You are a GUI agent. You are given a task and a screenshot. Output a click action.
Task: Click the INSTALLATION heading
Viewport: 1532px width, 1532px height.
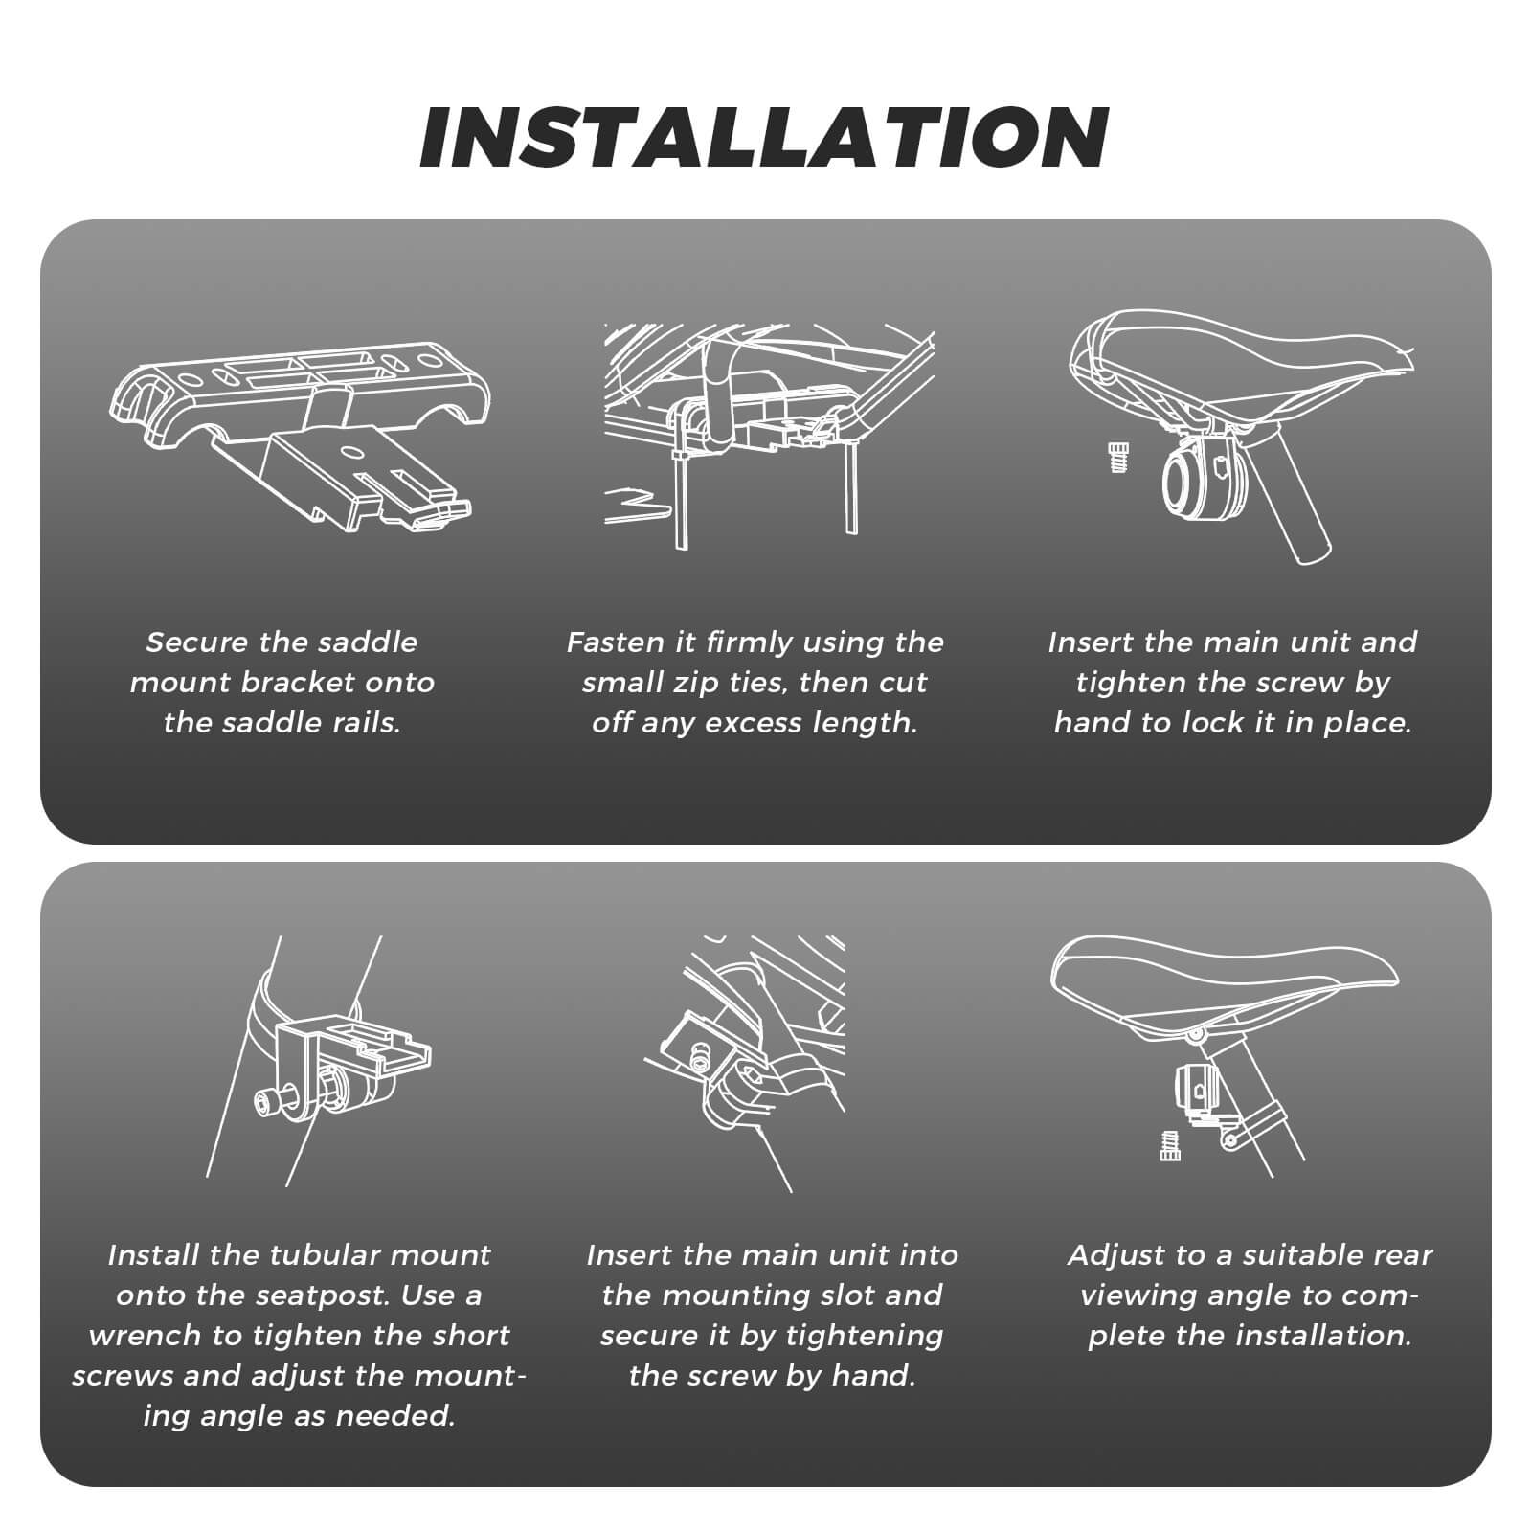(x=764, y=136)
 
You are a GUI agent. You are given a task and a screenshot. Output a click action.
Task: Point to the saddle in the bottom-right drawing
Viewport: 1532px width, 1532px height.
(x=1226, y=986)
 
